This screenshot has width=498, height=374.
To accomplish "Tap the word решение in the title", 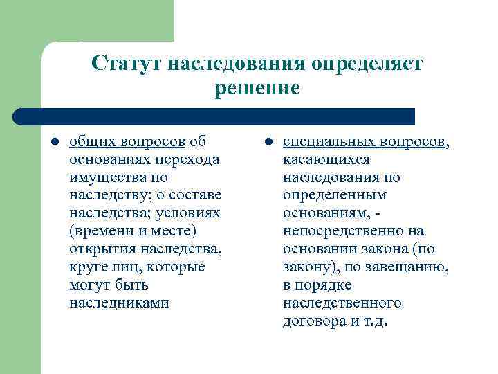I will [x=257, y=88].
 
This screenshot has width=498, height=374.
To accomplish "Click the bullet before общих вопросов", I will [x=53, y=142].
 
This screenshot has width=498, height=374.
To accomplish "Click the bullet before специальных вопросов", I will [x=267, y=142].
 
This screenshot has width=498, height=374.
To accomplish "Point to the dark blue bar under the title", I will [x=214, y=116].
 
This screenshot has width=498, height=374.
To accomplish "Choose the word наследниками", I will [x=120, y=303].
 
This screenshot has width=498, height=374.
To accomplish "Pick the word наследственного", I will [x=342, y=303].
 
